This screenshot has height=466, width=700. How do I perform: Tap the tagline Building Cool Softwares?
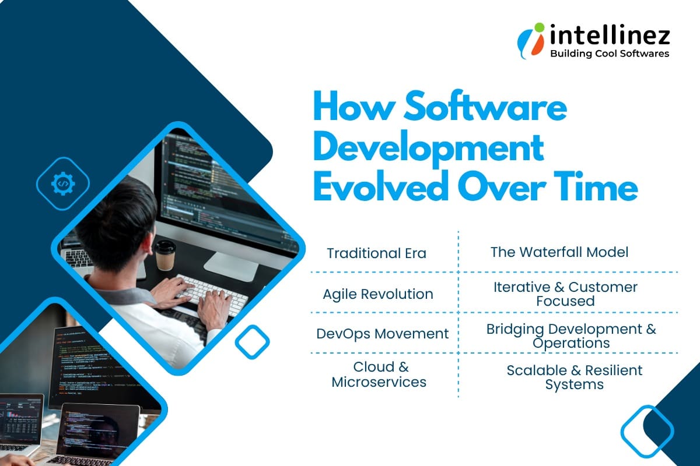click(610, 54)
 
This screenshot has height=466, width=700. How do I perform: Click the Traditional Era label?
click(376, 253)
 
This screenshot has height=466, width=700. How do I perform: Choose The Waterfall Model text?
click(559, 252)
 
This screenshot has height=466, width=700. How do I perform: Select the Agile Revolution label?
click(378, 294)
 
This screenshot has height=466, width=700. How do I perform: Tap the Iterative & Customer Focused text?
click(565, 294)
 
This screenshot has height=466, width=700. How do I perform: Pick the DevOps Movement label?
click(383, 334)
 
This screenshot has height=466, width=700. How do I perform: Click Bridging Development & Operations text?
click(571, 336)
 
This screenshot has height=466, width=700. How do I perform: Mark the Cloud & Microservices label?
click(379, 375)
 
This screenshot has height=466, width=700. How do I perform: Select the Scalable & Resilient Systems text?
click(574, 377)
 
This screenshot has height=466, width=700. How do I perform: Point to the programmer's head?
click(117, 216)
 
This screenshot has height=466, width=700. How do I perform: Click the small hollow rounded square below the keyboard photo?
click(252, 341)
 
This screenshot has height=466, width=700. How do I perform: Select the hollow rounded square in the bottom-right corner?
click(647, 431)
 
